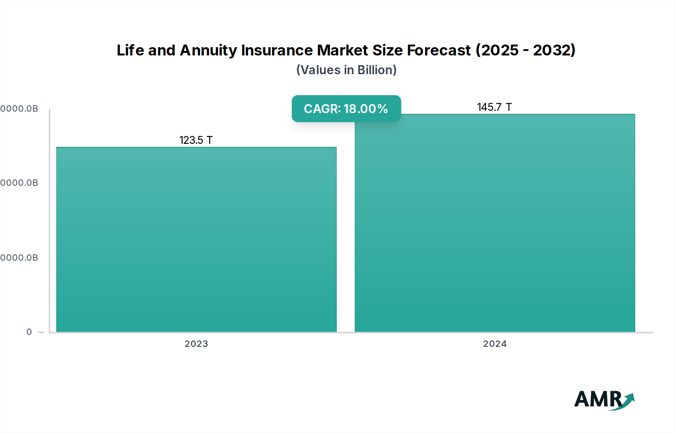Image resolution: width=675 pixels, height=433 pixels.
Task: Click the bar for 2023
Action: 196,240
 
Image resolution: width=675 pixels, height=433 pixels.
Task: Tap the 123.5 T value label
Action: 196,140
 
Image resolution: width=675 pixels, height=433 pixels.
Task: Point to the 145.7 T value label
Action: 494,107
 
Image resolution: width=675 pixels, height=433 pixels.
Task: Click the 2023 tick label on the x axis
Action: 196,344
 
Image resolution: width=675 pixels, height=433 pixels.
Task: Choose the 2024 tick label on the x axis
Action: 495,344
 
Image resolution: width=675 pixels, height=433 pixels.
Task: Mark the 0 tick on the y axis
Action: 29,332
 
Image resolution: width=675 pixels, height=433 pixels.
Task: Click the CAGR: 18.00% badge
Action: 346,109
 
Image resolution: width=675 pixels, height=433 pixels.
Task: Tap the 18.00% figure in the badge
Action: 366,109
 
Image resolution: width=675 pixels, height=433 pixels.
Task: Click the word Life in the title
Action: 130,50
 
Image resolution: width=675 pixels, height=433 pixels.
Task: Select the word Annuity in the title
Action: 208,50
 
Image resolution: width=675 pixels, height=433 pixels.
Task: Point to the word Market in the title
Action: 340,50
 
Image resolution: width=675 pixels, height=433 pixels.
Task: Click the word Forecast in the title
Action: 439,50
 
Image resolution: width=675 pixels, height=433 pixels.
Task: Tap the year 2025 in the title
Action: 500,50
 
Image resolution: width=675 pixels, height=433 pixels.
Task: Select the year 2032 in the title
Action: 553,50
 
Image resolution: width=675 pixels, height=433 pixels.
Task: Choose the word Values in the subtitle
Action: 320,70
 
